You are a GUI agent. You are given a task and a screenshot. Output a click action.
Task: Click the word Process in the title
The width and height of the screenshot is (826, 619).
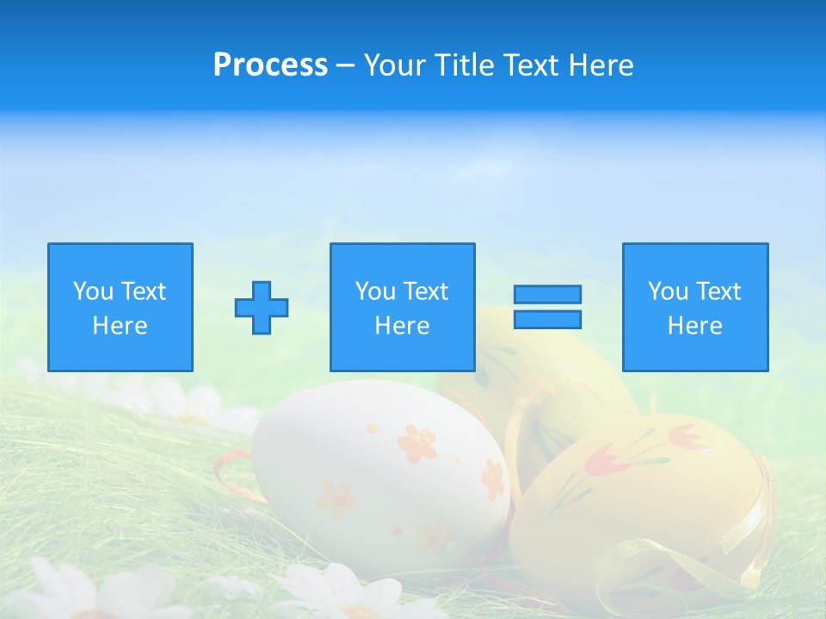[270, 65]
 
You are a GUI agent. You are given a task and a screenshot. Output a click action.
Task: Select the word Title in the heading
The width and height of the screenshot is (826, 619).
[461, 65]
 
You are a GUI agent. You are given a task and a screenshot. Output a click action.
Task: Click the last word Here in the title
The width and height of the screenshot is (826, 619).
[602, 65]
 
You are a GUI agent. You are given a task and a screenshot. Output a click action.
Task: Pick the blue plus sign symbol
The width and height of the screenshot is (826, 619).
[262, 308]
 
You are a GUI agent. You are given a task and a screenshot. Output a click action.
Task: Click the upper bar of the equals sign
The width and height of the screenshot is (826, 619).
[547, 294]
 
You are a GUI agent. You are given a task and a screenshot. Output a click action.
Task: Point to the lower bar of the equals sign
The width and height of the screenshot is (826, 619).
[547, 319]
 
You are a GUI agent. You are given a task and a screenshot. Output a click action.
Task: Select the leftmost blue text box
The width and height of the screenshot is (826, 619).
[120, 307]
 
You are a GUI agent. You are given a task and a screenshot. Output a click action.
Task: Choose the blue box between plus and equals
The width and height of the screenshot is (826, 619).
[402, 307]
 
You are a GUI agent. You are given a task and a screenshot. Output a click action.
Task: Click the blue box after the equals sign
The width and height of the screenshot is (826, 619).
[695, 307]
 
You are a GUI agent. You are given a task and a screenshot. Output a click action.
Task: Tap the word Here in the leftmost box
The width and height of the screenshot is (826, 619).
[120, 326]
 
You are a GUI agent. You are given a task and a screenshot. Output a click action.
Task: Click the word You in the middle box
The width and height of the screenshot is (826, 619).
[375, 291]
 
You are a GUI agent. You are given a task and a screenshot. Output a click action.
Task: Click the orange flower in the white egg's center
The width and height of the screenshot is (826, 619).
[417, 443]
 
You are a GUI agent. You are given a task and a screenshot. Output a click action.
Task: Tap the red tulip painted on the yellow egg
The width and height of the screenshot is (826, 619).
[602, 462]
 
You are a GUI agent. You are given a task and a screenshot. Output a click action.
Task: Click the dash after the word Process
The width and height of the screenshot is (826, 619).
[346, 65]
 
